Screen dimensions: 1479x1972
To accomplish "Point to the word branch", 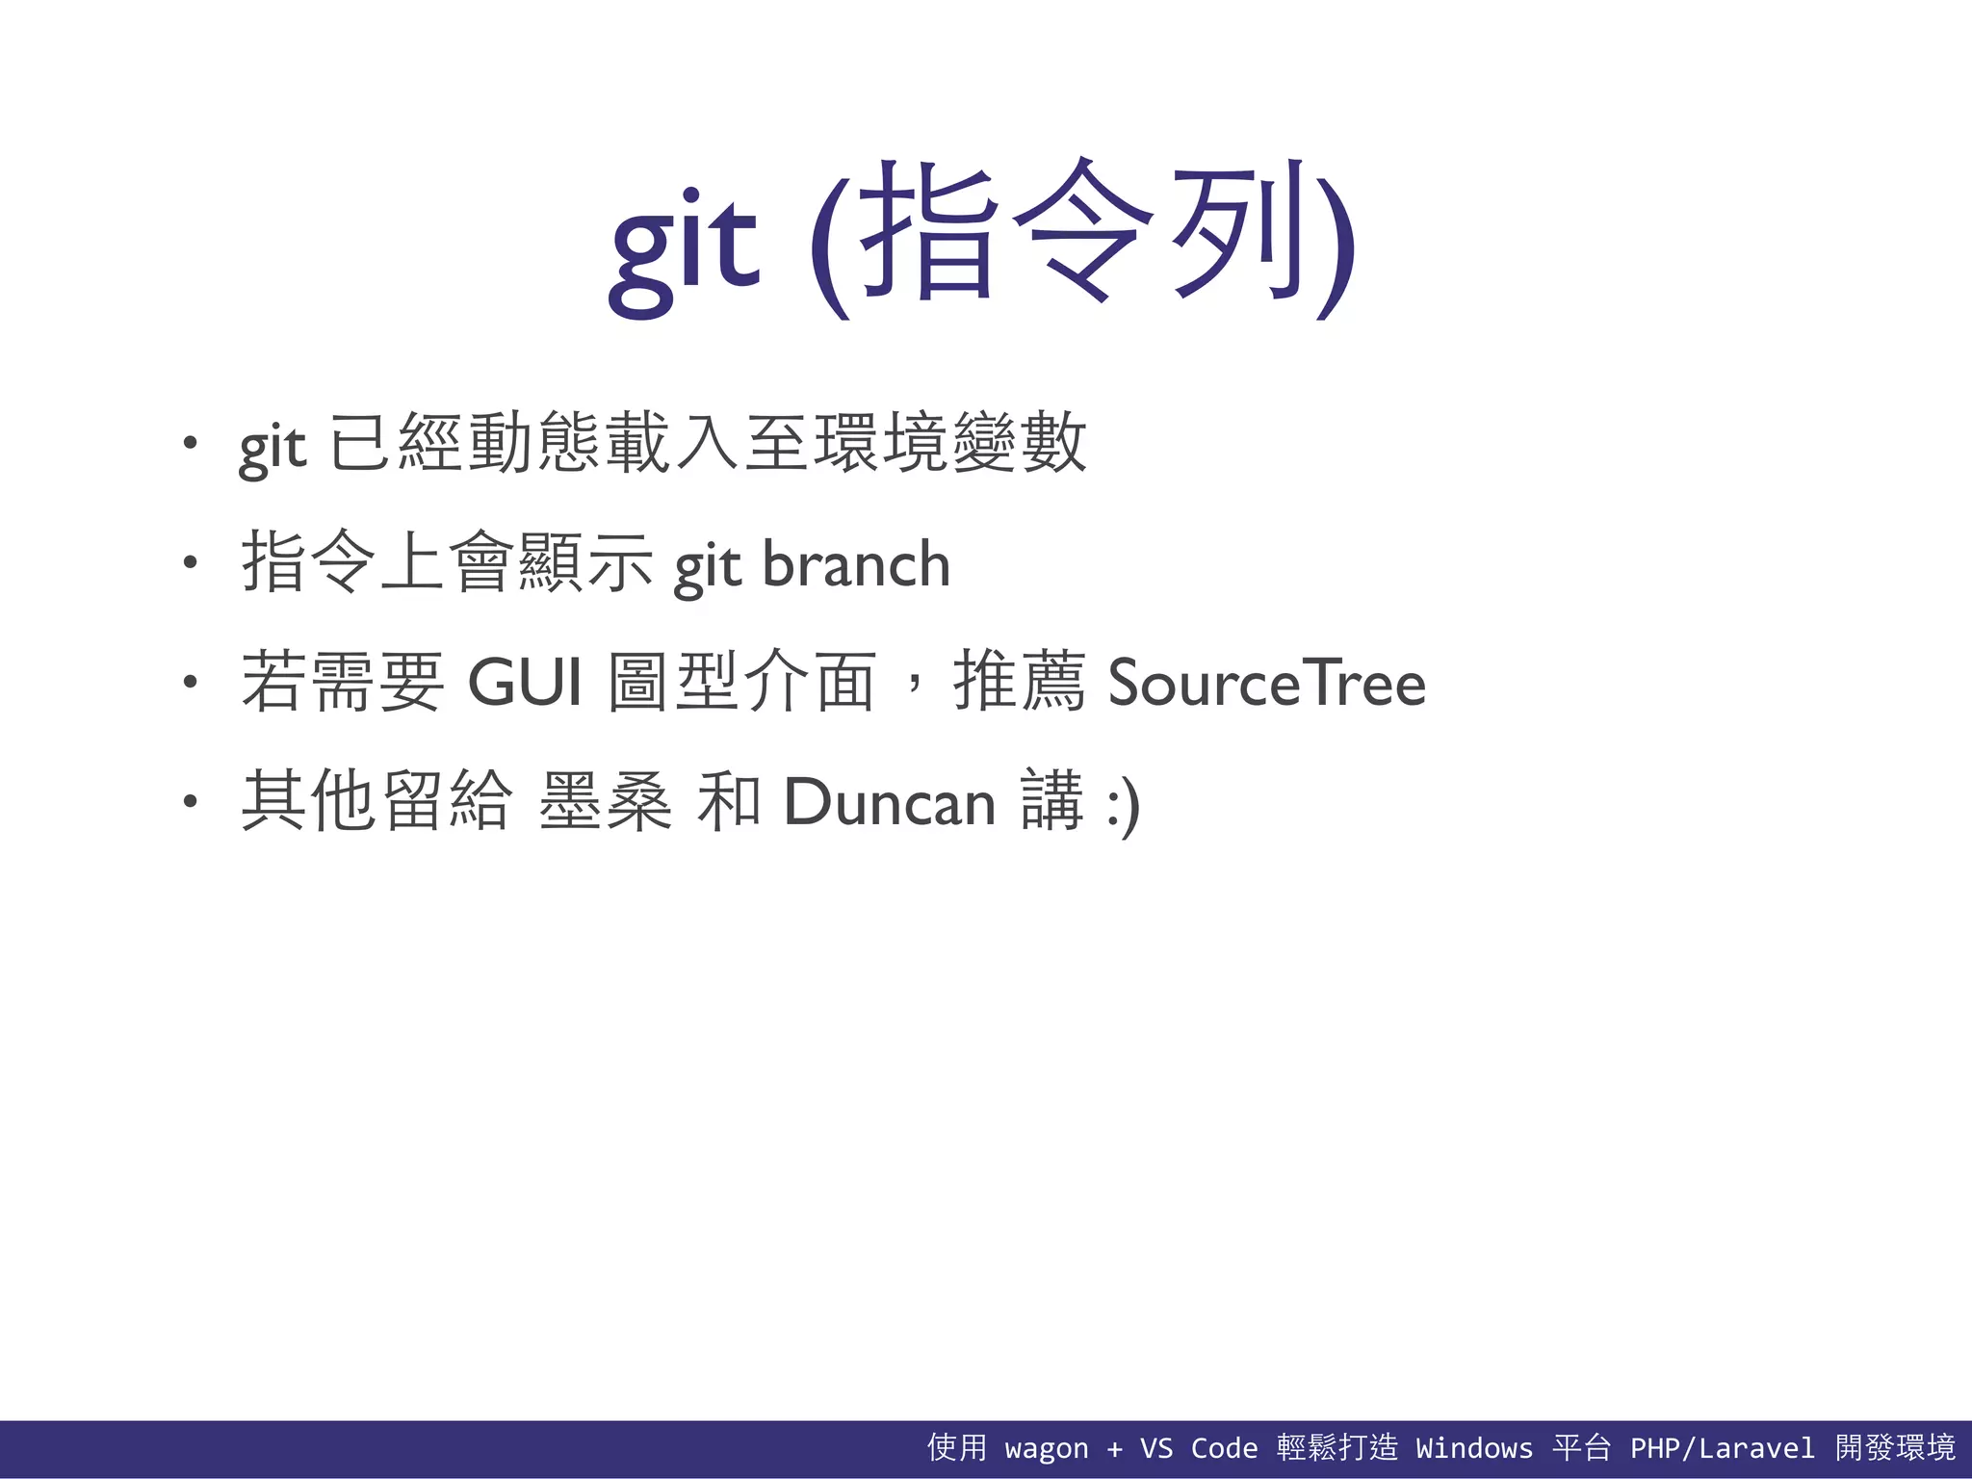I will [x=856, y=564].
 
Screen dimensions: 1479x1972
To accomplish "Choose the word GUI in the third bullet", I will [x=525, y=683].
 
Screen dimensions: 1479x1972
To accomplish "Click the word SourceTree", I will [x=1266, y=683].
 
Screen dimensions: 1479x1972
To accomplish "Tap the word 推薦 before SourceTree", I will [x=1020, y=682].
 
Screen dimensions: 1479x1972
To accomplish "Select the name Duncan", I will [x=890, y=802].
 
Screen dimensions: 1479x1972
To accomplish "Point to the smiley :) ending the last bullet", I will [x=1123, y=805].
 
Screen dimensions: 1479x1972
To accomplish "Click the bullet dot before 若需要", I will [x=191, y=683].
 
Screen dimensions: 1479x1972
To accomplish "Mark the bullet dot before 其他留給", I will [x=191, y=801].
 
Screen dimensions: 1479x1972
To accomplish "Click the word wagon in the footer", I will [x=1046, y=1448].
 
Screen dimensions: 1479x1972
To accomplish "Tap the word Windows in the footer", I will [x=1473, y=1448].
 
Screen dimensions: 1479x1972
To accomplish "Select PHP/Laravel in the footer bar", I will [x=1722, y=1448].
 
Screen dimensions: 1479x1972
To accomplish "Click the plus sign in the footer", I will [x=1114, y=1448].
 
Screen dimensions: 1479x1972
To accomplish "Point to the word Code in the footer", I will [x=1224, y=1448].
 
